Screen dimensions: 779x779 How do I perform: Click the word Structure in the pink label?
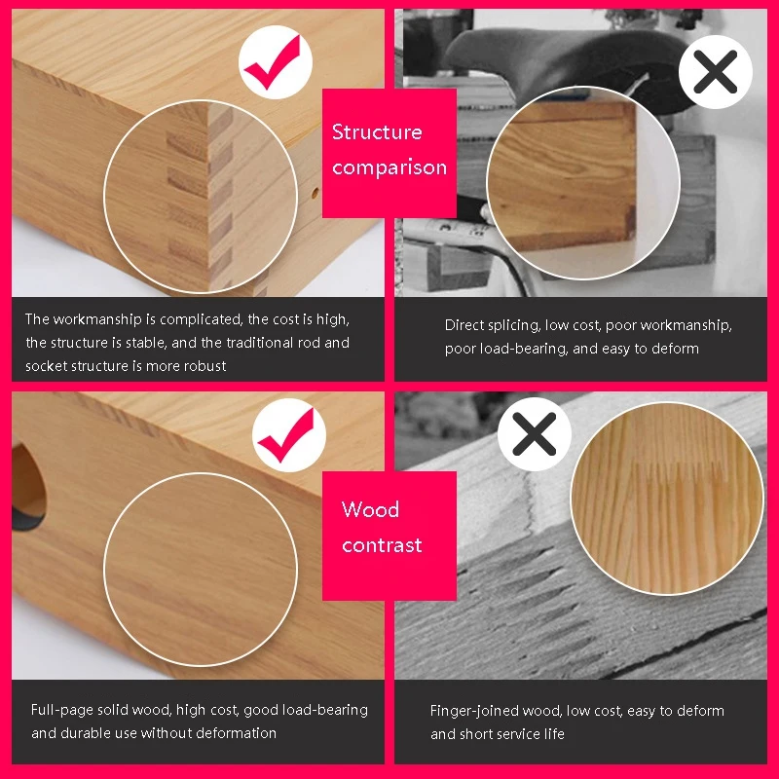point(377,132)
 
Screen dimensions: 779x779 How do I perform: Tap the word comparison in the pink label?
point(389,167)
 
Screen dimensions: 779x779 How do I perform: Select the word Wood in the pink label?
point(370,509)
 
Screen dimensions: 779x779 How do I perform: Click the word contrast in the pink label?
point(382,545)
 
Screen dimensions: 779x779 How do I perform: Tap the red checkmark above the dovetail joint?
point(275,63)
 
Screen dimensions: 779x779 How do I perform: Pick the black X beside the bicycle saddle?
point(716,72)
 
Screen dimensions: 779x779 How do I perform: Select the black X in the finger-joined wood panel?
point(534,433)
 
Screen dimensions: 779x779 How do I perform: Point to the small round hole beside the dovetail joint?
point(315,193)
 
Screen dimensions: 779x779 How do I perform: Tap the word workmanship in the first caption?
point(97,319)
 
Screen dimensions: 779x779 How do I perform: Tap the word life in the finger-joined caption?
point(555,734)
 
